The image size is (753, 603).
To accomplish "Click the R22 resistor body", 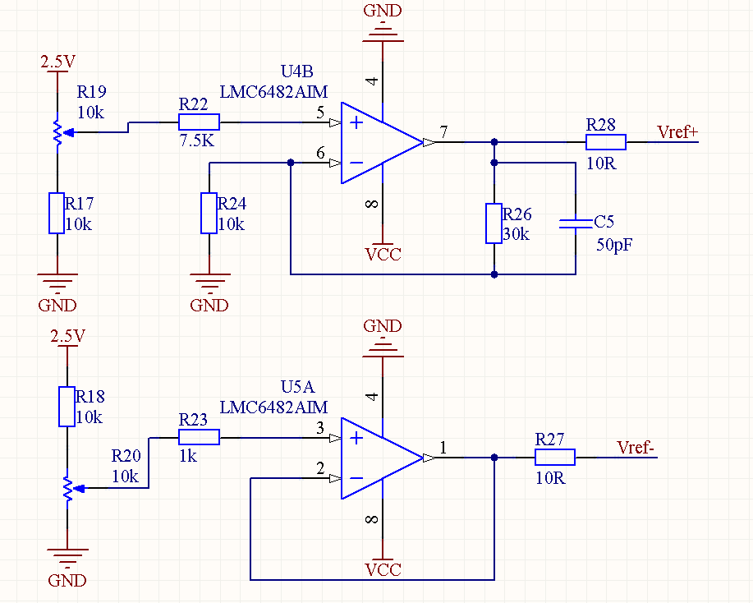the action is click(x=199, y=122).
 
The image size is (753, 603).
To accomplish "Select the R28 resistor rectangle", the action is click(x=605, y=142).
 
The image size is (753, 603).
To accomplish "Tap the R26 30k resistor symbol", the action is click(x=494, y=223).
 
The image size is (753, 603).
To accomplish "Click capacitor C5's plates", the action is click(x=576, y=223).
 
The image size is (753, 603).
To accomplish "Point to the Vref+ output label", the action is click(x=677, y=132).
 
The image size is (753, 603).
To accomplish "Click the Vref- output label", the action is click(x=636, y=448).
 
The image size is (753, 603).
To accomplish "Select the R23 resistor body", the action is click(x=199, y=437).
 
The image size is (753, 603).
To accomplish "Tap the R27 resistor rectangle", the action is click(x=554, y=458).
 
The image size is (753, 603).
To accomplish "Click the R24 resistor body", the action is click(x=209, y=214).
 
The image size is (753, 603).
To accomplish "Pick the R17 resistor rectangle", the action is click(x=57, y=214).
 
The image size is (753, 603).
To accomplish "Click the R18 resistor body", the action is click(x=67, y=407).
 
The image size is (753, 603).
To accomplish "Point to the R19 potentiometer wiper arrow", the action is click(x=69, y=132).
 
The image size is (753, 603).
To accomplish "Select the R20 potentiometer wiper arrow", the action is click(x=79, y=489).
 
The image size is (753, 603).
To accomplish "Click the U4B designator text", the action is click(x=296, y=71).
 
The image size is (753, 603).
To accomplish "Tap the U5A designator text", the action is click(x=297, y=387).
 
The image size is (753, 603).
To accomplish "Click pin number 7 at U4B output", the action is click(x=443, y=131).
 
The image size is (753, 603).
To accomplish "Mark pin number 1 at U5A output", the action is click(x=443, y=448).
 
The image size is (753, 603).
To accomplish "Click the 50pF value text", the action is click(x=614, y=245).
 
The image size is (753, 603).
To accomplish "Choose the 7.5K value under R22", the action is click(x=197, y=140).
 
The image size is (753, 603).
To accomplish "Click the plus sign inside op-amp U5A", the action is click(x=356, y=438).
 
